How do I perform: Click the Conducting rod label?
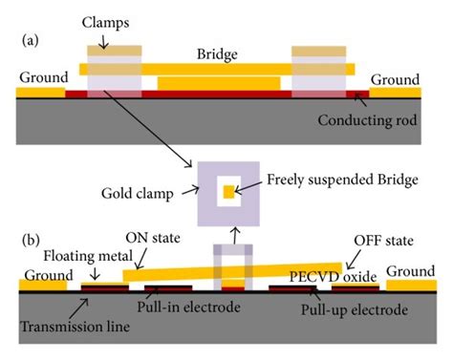(368, 121)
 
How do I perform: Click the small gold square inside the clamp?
(228, 192)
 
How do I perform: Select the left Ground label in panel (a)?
(43, 77)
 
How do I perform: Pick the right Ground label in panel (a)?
(395, 79)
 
